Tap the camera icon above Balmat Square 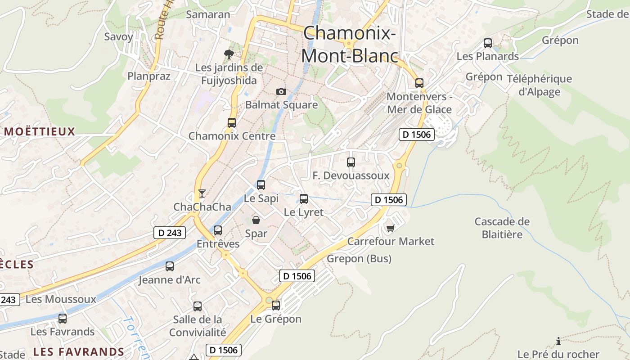281,92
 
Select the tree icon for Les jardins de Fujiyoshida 229,55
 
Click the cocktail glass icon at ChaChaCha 202,193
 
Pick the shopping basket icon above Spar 256,220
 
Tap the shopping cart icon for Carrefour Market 390,229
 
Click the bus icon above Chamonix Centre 232,122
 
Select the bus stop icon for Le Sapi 261,184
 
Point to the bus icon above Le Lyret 304,198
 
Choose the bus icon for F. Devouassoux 351,162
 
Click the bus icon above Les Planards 488,43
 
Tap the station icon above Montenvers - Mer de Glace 419,83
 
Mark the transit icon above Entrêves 218,230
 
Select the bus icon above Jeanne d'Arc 170,266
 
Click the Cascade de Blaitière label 502,228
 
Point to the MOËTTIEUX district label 40,132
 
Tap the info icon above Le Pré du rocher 558,341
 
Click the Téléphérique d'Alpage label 540,85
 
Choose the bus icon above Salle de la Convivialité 198,306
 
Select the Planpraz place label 149,76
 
